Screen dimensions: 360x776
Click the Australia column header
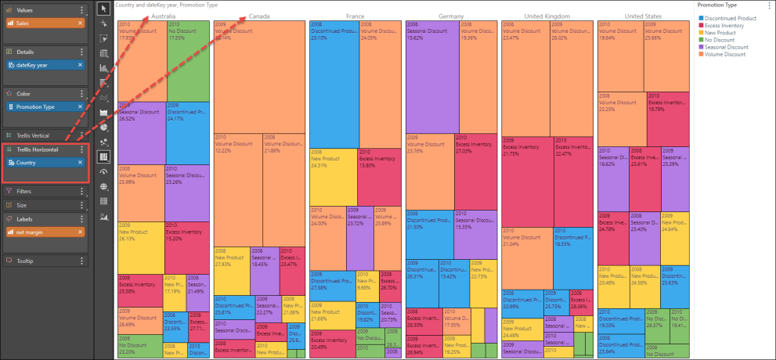164,16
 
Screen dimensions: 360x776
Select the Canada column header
260,16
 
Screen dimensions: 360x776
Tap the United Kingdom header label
547,16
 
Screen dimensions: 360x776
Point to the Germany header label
451,16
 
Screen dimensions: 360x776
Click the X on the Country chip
80,162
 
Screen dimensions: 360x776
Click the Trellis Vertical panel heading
35,135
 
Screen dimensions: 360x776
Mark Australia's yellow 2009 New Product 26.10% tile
140,243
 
